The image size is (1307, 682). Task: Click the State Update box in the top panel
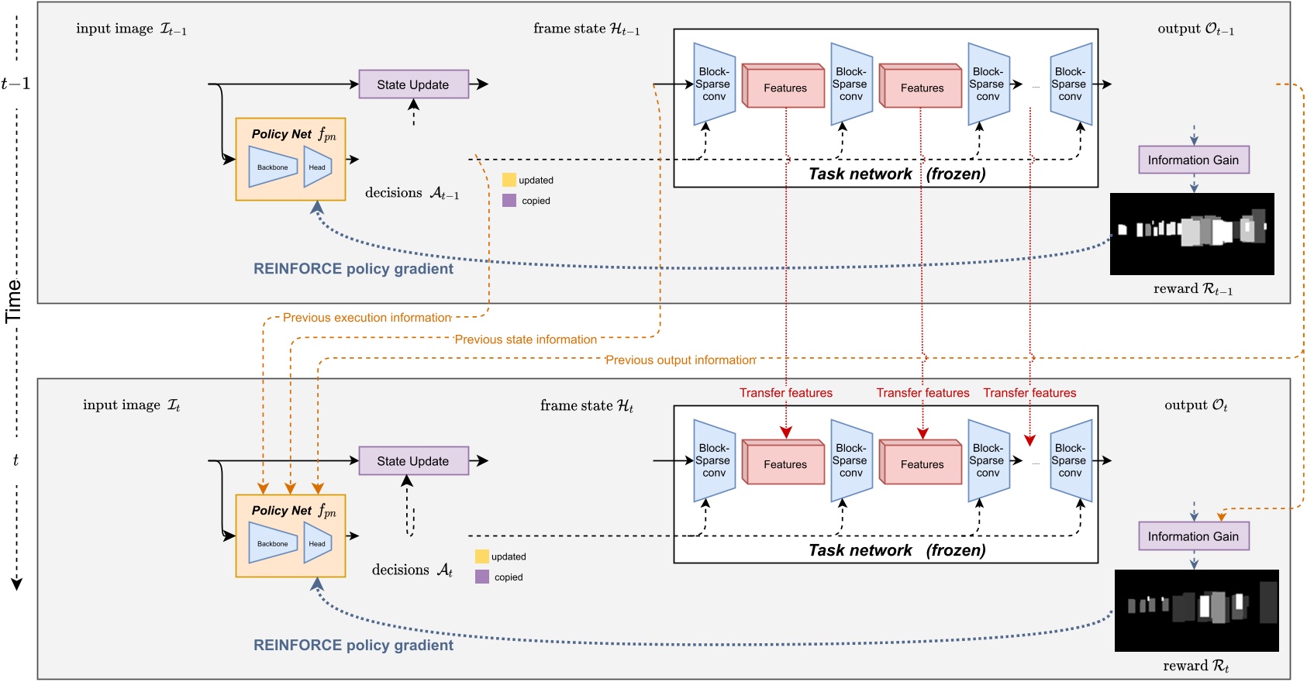pos(413,84)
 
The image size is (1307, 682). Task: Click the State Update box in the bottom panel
pos(413,461)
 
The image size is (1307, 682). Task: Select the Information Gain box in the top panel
pos(1193,160)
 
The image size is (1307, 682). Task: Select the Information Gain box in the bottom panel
pos(1193,536)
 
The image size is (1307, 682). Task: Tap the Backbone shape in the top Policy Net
pos(272,167)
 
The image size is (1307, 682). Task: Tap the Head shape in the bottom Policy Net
pos(317,543)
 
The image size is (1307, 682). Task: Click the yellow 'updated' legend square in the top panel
pos(509,180)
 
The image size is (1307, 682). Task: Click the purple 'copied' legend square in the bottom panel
pos(482,577)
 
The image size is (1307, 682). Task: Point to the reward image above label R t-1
pos(1191,233)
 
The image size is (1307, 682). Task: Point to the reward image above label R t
pos(1196,610)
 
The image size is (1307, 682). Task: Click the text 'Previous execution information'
pos(367,318)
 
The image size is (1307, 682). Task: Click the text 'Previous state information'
pos(526,339)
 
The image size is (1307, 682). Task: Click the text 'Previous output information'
pos(680,360)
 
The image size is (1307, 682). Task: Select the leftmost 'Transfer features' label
pos(785,393)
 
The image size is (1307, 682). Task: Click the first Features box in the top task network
pos(784,87)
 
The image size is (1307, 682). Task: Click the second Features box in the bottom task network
pos(921,463)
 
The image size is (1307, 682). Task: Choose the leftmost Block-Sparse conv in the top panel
pos(714,84)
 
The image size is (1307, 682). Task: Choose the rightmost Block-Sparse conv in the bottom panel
pos(1071,460)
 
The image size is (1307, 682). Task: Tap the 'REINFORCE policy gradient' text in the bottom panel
pos(353,645)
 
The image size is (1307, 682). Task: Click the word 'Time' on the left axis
pos(13,301)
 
